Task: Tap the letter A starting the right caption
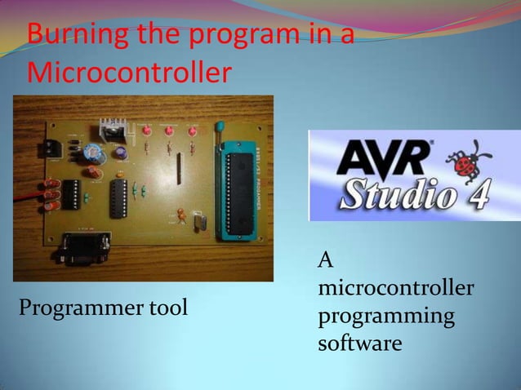[326, 261]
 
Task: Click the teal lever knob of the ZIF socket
[220, 126]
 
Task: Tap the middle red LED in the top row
[170, 131]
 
